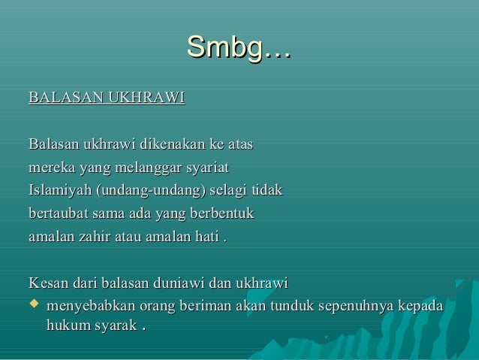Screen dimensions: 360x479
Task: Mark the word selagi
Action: pyautogui.click(x=233, y=190)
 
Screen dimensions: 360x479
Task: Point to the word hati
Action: pyautogui.click(x=206, y=237)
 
